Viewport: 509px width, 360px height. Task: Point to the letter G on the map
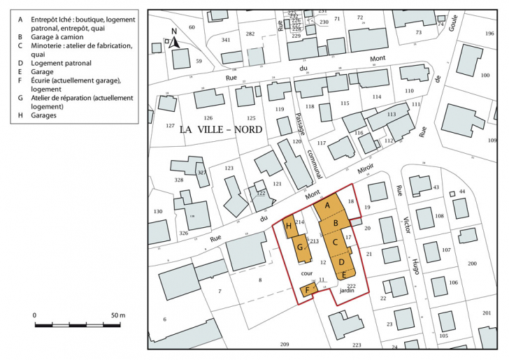point(300,247)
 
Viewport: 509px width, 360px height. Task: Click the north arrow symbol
point(175,39)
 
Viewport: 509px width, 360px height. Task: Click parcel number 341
point(226,41)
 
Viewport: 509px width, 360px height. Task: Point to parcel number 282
point(250,34)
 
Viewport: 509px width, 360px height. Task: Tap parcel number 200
point(472,263)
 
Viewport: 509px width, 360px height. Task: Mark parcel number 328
point(178,180)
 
